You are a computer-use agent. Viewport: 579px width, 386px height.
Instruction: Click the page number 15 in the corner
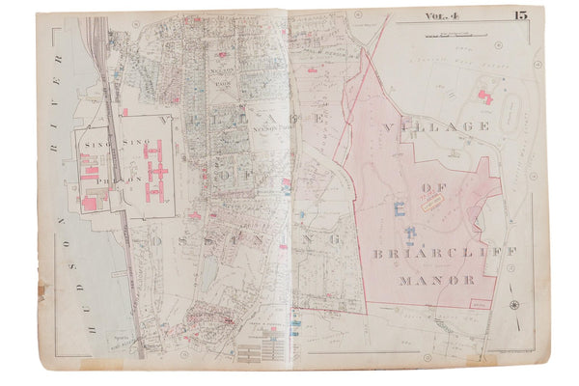(x=520, y=14)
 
